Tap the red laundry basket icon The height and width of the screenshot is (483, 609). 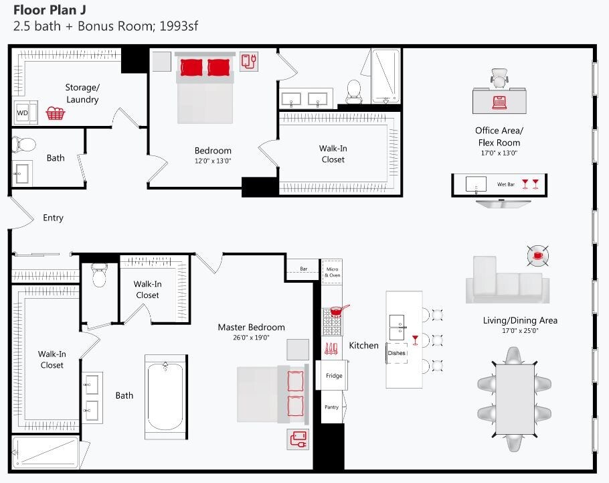(x=56, y=113)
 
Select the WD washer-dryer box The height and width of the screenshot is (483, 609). (x=22, y=113)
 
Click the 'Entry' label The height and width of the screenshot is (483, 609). (x=53, y=218)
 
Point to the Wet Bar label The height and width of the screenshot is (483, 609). (x=505, y=183)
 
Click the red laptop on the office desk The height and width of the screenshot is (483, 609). (x=499, y=102)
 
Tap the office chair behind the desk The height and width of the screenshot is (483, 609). (x=499, y=78)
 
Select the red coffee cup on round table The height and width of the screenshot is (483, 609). (x=537, y=255)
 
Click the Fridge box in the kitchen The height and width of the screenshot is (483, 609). (x=334, y=376)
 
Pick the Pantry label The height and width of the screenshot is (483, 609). (x=331, y=407)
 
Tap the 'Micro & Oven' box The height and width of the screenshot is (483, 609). (x=332, y=272)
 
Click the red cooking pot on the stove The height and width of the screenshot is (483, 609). (x=339, y=311)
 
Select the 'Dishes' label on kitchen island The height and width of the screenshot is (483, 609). (x=396, y=352)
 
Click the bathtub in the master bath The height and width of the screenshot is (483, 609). (x=165, y=396)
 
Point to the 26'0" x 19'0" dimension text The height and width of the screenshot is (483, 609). (x=251, y=338)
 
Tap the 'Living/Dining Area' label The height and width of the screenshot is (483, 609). (x=520, y=320)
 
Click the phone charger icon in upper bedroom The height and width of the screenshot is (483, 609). (x=248, y=61)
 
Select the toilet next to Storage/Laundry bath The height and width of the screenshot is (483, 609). (x=25, y=143)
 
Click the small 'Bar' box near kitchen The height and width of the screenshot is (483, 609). (x=303, y=269)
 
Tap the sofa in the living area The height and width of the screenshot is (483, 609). (x=507, y=282)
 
